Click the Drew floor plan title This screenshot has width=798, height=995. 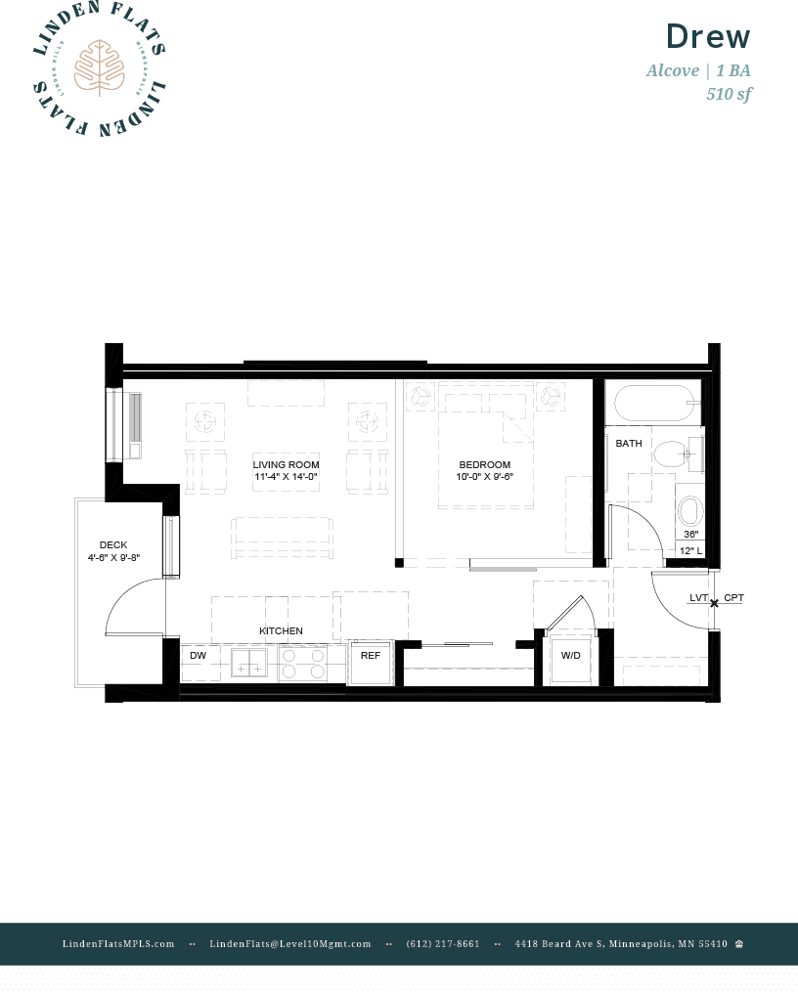pyautogui.click(x=708, y=37)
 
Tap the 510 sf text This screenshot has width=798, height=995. pyautogui.click(x=729, y=94)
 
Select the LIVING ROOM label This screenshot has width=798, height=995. pyautogui.click(x=286, y=464)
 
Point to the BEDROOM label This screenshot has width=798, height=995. pyautogui.click(x=485, y=464)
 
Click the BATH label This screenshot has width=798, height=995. pyautogui.click(x=629, y=443)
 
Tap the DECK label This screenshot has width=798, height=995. pyautogui.click(x=113, y=545)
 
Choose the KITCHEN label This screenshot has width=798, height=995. pyautogui.click(x=281, y=631)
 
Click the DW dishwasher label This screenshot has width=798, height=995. pyautogui.click(x=198, y=655)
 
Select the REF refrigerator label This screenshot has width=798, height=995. pyautogui.click(x=370, y=655)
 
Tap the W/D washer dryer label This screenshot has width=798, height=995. pyautogui.click(x=570, y=656)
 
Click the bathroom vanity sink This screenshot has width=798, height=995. pyautogui.click(x=690, y=510)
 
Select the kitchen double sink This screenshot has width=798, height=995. pyautogui.click(x=248, y=664)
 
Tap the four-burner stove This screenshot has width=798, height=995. pyautogui.click(x=303, y=664)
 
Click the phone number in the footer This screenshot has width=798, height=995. pyautogui.click(x=443, y=944)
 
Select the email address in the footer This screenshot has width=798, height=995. pyautogui.click(x=290, y=944)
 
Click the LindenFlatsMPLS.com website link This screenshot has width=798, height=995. pyautogui.click(x=118, y=944)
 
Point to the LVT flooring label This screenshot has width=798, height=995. pyautogui.click(x=698, y=597)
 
